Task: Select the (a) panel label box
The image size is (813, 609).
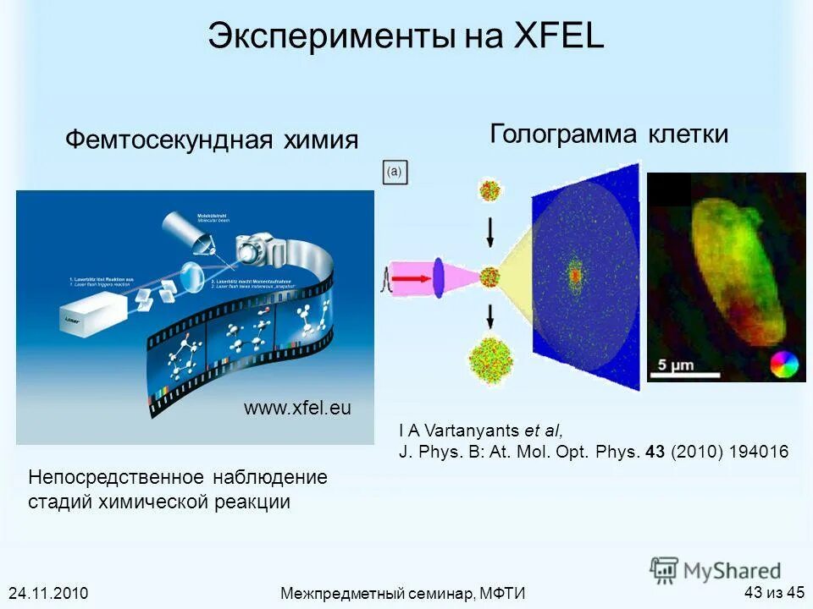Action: (x=395, y=173)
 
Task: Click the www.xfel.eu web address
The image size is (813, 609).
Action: (x=297, y=409)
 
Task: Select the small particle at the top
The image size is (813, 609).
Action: (x=489, y=189)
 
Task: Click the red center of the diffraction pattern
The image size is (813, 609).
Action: (x=576, y=275)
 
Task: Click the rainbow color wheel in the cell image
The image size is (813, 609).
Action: (x=784, y=365)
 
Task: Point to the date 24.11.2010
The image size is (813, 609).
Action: (x=48, y=592)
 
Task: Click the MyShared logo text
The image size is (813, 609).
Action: (x=732, y=570)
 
